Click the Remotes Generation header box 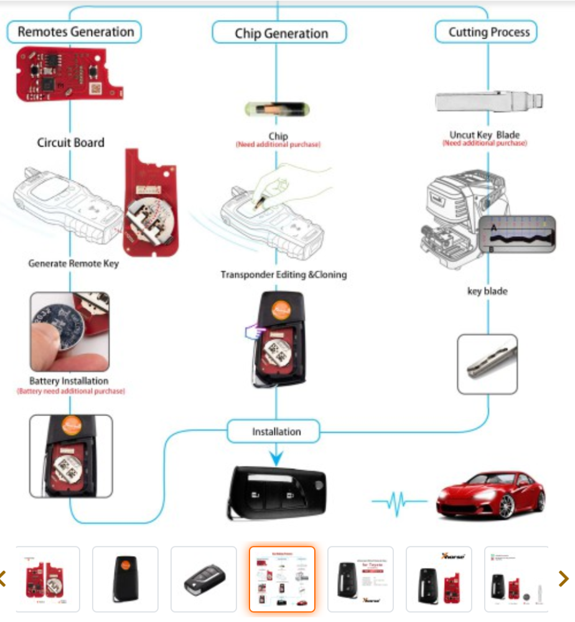(x=75, y=32)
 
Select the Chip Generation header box (x=279, y=33)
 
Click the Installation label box (x=275, y=432)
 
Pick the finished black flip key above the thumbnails (x=274, y=491)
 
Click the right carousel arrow (x=564, y=578)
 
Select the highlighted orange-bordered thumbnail (x=282, y=579)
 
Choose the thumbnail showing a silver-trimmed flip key (x=203, y=579)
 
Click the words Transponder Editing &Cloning (x=283, y=274)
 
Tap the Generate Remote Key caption (x=73, y=263)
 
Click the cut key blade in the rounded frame (x=487, y=364)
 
